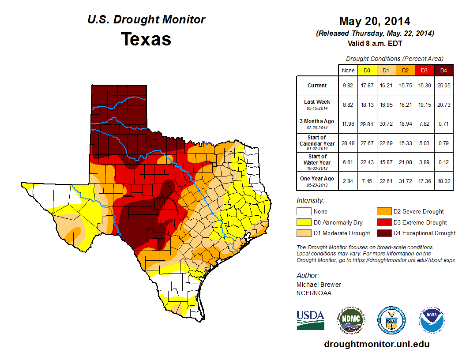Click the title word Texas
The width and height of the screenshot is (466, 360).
[x=146, y=39]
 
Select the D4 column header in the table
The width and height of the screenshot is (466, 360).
[x=443, y=70]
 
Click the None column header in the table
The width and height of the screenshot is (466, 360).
[x=348, y=70]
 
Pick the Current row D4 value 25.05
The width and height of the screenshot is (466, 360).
[x=443, y=86]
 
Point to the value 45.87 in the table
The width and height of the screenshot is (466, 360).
[x=386, y=162]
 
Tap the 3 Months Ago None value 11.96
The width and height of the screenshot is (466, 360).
[x=348, y=124]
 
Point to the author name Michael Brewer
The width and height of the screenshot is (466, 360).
[x=319, y=285]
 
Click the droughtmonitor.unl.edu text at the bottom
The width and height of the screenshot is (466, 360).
[x=376, y=344]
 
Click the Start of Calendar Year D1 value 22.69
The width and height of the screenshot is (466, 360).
[x=386, y=143]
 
